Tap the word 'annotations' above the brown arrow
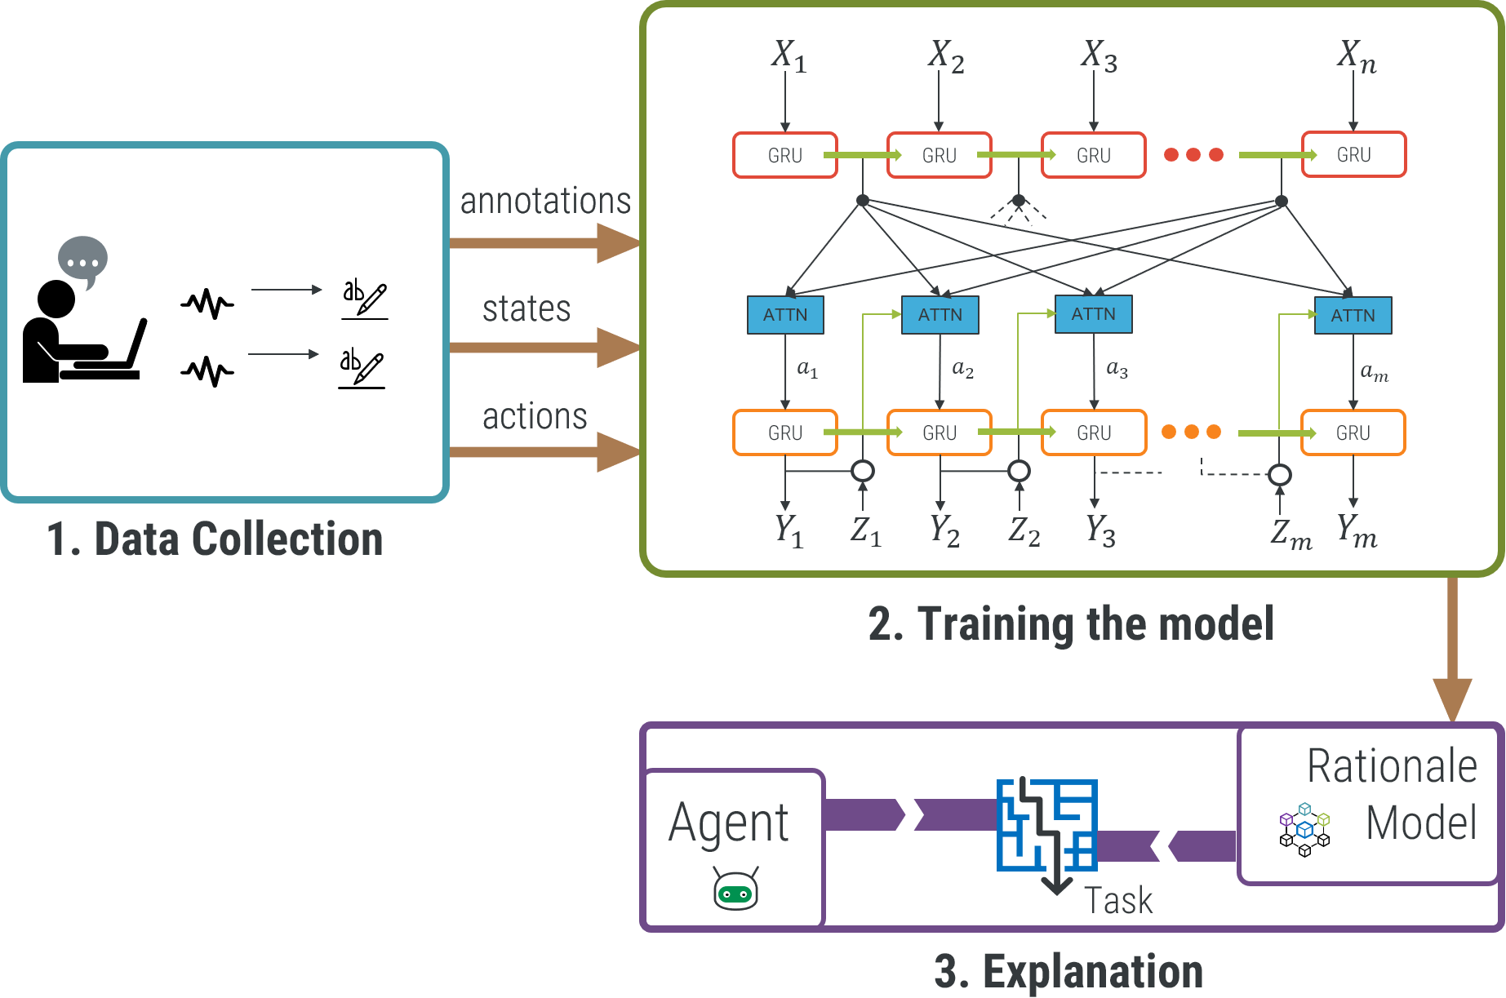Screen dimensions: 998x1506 tap(545, 201)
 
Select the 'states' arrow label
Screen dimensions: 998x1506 tap(526, 308)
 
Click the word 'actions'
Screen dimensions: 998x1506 tap(535, 416)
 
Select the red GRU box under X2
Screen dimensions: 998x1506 tap(939, 155)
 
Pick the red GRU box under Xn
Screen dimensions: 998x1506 tap(1353, 154)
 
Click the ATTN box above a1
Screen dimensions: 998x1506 tap(785, 315)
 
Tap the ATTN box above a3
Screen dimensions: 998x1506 tap(1093, 314)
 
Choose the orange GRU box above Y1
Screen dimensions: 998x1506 tap(785, 432)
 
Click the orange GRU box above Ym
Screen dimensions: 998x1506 tap(1353, 432)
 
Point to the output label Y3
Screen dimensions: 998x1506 tap(1100, 530)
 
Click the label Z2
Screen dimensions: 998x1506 tap(1024, 531)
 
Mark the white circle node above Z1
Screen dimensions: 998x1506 tap(863, 471)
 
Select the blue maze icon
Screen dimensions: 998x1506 tap(1046, 825)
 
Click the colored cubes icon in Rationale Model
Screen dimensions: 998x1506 tap(1304, 819)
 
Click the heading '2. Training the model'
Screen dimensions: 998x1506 tap(1070, 624)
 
